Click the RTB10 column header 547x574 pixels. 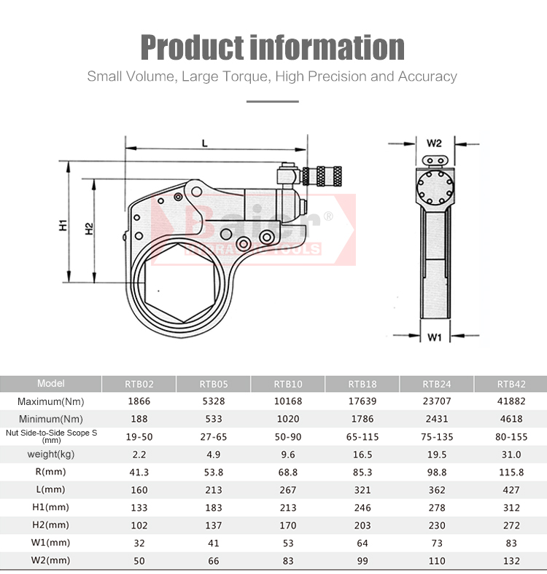(x=287, y=384)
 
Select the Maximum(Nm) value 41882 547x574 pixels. (x=510, y=401)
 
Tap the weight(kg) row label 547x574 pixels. (x=51, y=454)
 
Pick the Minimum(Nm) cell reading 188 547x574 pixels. (x=138, y=419)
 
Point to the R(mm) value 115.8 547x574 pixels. (x=510, y=472)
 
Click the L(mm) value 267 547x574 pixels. (x=287, y=490)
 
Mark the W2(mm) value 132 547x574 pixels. (x=510, y=560)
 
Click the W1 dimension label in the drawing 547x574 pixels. (x=435, y=337)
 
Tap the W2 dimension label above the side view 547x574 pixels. (x=434, y=143)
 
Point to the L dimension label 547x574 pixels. (x=205, y=143)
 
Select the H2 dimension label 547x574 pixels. (x=89, y=228)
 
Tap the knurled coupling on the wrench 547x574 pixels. (x=325, y=176)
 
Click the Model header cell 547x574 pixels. (x=51, y=383)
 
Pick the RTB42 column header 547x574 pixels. (x=510, y=384)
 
